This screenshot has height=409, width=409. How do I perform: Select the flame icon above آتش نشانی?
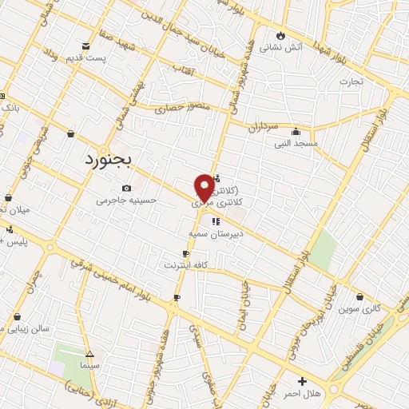(280, 35)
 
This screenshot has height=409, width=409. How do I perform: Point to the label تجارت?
(351, 81)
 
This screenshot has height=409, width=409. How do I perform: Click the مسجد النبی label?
(296, 144)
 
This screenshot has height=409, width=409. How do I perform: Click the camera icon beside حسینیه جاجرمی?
(126, 188)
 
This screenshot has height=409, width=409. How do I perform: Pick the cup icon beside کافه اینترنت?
(186, 253)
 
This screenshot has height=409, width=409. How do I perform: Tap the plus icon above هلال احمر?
(301, 382)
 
